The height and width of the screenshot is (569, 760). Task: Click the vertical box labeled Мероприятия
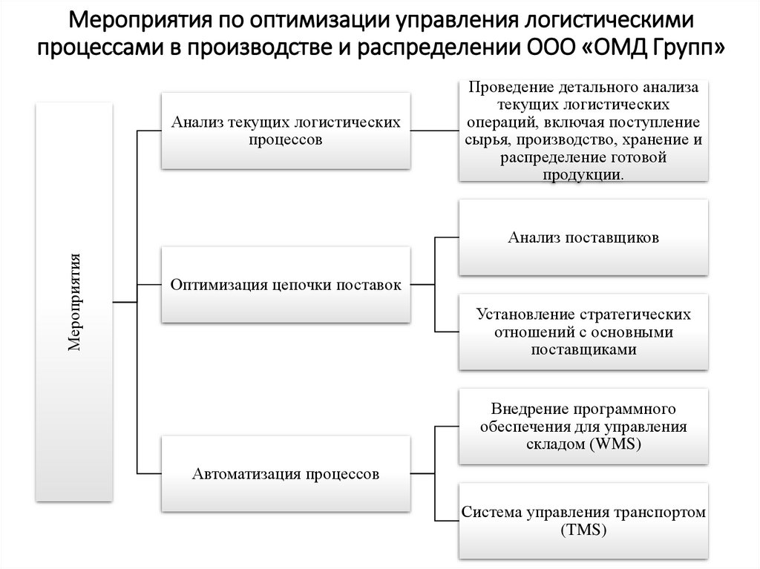74,302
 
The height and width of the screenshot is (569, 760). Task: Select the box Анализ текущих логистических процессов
286,131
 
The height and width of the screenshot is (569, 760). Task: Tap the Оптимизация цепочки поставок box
286,285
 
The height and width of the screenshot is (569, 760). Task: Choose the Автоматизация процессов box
286,473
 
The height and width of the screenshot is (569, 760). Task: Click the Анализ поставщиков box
583,239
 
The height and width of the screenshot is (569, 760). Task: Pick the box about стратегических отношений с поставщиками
583,332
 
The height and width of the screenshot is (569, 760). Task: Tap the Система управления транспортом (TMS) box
583,521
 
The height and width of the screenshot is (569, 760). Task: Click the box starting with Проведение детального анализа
583,131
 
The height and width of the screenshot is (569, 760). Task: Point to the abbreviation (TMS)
583,530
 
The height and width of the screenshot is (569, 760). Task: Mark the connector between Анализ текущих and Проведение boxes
435,131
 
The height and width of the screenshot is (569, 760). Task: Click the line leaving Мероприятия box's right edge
124,302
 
